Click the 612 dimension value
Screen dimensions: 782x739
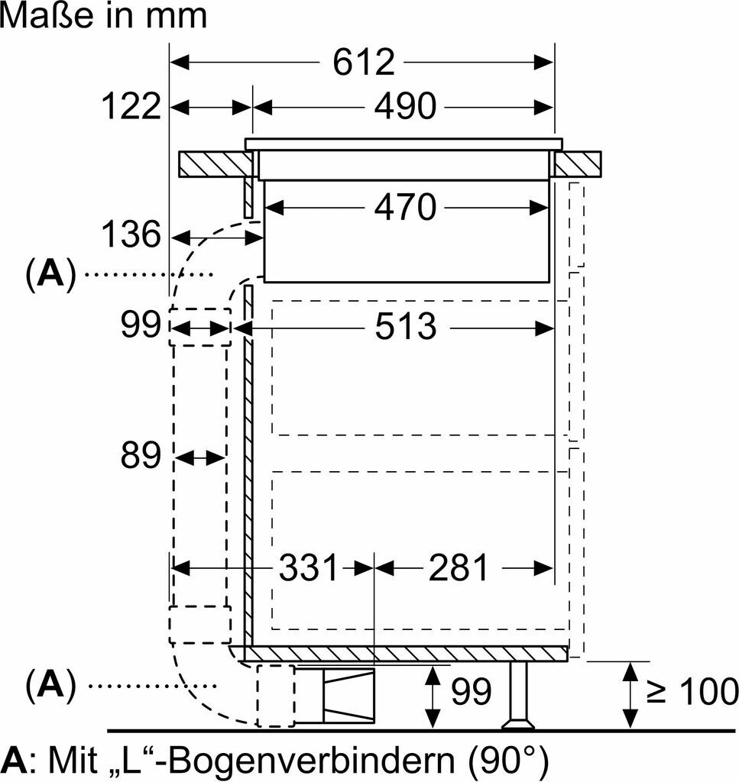point(363,62)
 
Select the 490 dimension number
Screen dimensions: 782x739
point(404,106)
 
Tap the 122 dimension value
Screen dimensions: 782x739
point(131,106)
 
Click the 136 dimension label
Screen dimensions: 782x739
point(131,234)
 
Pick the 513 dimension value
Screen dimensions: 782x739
point(405,328)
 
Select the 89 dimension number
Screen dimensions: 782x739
point(141,457)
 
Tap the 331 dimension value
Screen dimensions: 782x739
point(308,567)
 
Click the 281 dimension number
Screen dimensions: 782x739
point(457,567)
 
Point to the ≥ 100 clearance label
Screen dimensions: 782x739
point(692,692)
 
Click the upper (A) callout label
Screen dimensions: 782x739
point(51,273)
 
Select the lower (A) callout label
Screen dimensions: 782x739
point(51,686)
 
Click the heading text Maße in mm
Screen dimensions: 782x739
point(104,15)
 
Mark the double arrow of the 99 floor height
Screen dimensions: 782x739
point(433,696)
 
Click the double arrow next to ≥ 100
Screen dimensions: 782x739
point(630,694)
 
